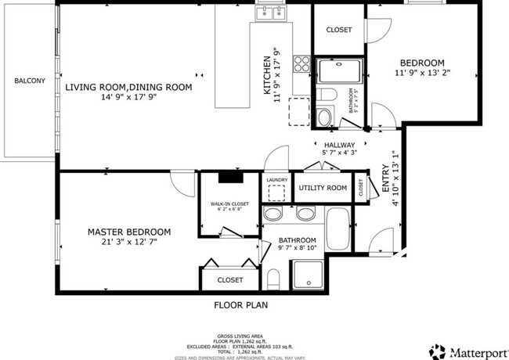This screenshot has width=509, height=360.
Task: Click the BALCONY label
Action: click(x=30, y=81)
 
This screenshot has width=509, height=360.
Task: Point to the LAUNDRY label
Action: click(x=277, y=180)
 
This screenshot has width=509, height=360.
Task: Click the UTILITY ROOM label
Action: click(x=323, y=188)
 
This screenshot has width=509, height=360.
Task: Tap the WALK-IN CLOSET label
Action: click(x=229, y=205)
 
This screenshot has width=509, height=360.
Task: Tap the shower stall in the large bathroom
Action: click(x=309, y=275)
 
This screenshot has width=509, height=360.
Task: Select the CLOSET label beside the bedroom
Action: click(x=338, y=30)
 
